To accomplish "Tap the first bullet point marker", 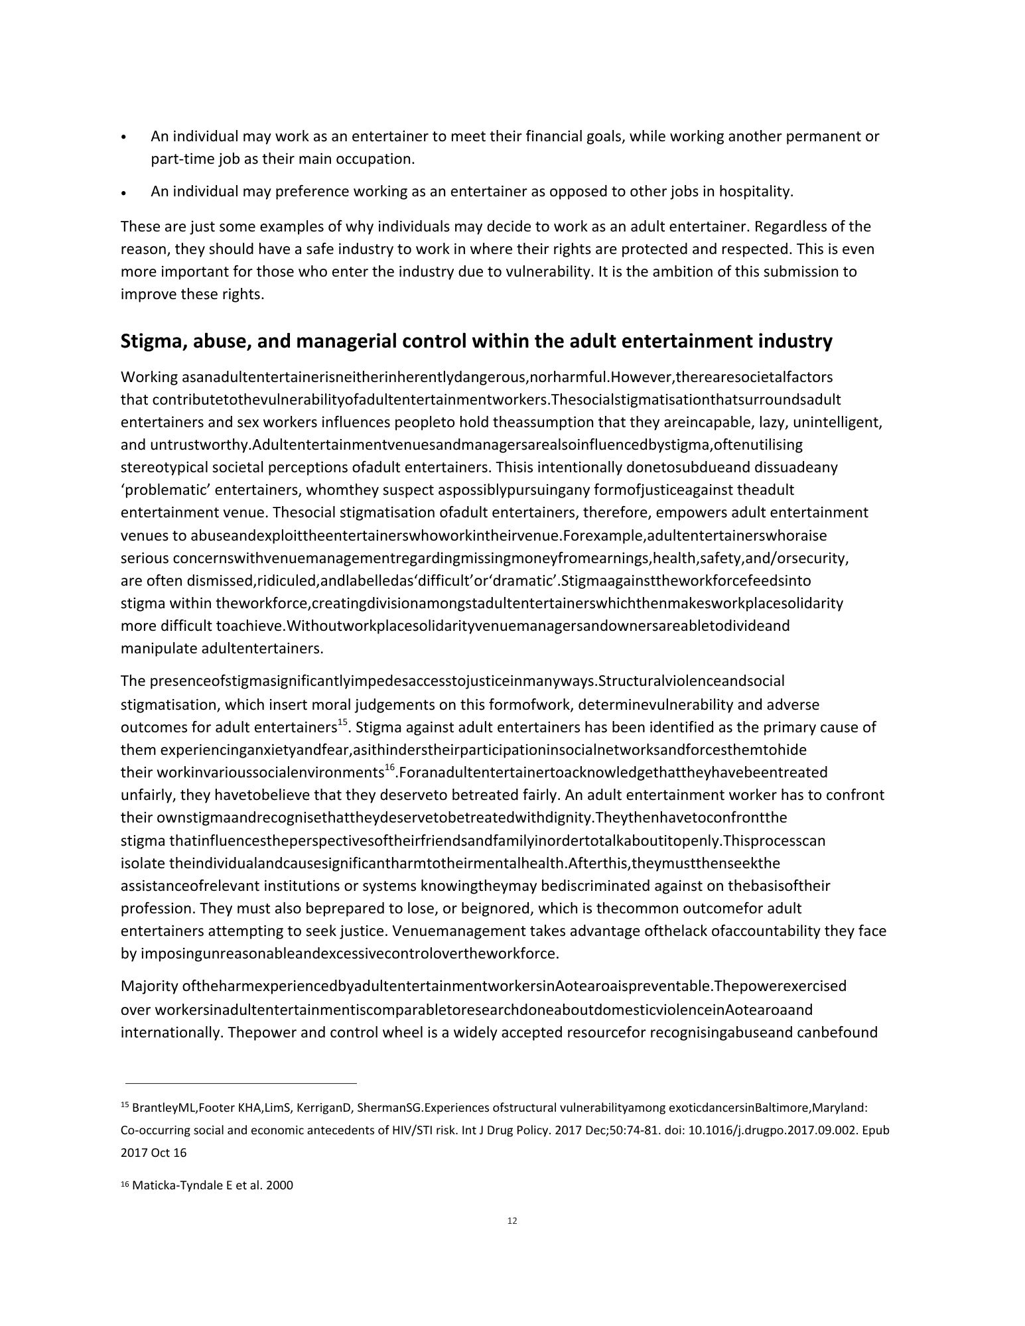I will click(124, 138).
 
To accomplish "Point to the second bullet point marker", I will click(124, 193).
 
